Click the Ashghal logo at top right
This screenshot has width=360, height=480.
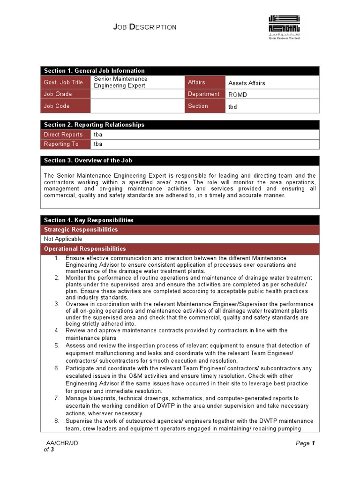[x=284, y=27]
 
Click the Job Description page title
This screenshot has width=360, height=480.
[x=145, y=27]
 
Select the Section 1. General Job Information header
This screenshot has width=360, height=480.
[x=94, y=71]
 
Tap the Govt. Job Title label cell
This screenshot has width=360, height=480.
[x=64, y=82]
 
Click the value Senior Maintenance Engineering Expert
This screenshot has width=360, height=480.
[x=120, y=82]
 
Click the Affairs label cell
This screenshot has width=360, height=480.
[x=196, y=82]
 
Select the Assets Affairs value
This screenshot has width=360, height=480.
[x=247, y=83]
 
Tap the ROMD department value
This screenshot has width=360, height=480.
[x=238, y=95]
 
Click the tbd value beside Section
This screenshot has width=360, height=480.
[x=232, y=106]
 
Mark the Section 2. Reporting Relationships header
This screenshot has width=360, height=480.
[x=94, y=125]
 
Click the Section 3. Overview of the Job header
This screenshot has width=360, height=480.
[x=88, y=160]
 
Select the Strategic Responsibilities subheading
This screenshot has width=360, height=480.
[x=81, y=230]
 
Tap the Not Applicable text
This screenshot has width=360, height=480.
[x=63, y=239]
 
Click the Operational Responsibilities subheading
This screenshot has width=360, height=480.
[x=85, y=249]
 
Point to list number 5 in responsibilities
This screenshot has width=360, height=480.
[x=56, y=345]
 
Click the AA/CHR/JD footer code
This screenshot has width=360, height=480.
[x=62, y=443]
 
